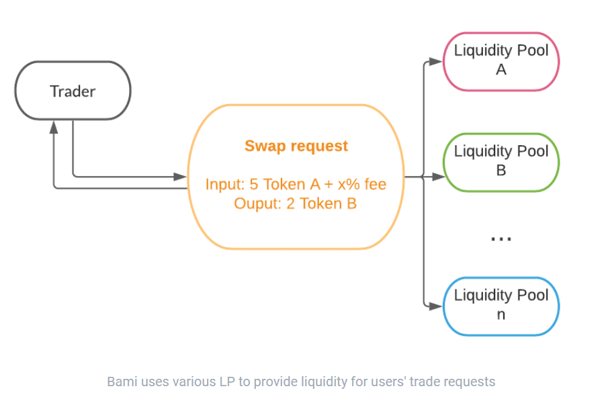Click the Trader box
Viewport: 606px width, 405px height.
click(x=73, y=91)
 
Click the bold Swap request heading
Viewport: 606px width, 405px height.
click(x=296, y=146)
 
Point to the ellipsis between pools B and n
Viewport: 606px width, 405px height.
click(x=501, y=239)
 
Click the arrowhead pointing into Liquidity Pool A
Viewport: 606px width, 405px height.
click(x=435, y=61)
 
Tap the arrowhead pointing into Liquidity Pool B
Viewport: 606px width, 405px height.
click(x=438, y=177)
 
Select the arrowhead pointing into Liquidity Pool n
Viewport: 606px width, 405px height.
click(x=435, y=306)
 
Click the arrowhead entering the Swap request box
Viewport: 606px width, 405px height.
click(x=180, y=177)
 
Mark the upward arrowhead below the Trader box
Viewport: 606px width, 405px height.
click(x=54, y=127)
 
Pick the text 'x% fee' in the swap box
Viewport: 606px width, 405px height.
click(x=361, y=184)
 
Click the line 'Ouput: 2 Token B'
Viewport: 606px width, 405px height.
click(x=295, y=204)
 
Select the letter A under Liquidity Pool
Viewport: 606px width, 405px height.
click(x=501, y=70)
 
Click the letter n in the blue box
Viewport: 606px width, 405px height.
click(x=501, y=315)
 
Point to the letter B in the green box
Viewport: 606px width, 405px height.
click(x=501, y=171)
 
